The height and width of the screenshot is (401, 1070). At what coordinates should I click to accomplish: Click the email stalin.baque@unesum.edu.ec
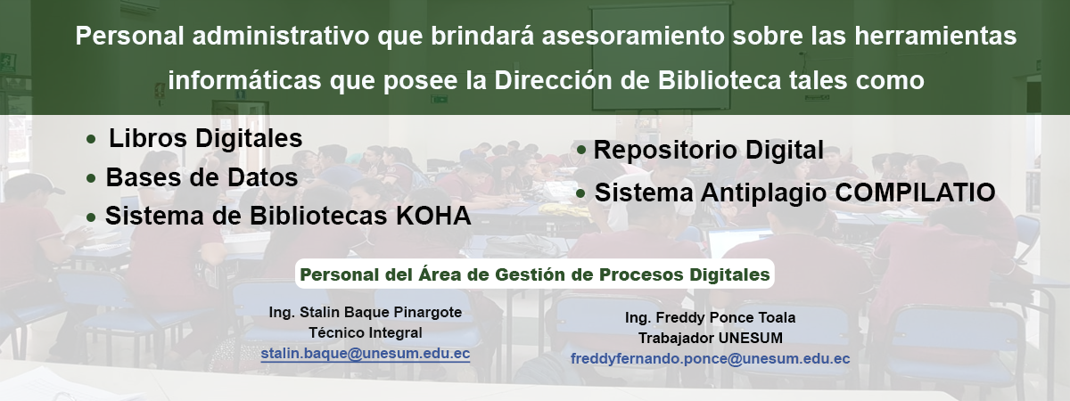[x=366, y=354]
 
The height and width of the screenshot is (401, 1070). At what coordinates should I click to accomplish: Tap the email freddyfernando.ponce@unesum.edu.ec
[x=711, y=359]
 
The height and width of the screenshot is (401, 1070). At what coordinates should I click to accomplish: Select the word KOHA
[x=433, y=216]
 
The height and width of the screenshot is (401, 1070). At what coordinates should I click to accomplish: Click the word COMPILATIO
[x=915, y=192]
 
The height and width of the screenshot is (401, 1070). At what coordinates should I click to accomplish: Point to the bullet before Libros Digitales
[x=91, y=140]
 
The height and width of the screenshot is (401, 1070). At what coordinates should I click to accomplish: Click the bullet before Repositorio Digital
[x=581, y=151]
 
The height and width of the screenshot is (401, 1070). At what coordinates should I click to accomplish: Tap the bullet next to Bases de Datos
[x=91, y=179]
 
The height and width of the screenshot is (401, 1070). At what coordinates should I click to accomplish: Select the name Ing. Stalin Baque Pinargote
[x=366, y=312]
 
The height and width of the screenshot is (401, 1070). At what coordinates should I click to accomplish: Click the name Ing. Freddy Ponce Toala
[x=711, y=317]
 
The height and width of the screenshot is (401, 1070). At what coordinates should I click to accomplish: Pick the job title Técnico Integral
[x=366, y=332]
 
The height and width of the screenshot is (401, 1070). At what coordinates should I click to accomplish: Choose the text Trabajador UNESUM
[x=711, y=338]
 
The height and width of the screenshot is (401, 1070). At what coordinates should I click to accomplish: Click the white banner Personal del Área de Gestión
[x=534, y=274]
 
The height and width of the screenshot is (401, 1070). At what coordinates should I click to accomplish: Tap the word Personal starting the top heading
[x=129, y=36]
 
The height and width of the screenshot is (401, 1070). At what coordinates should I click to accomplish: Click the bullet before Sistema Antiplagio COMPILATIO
[x=580, y=193]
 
